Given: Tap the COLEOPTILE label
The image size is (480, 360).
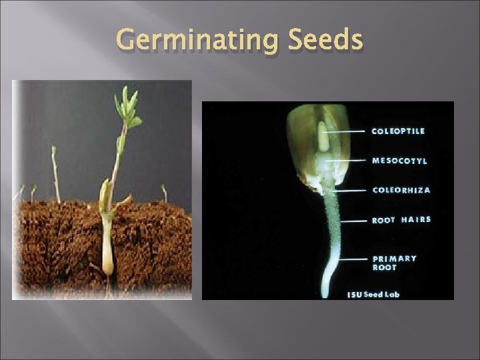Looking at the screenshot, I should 398,131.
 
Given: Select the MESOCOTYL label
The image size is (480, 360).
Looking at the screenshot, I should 400,161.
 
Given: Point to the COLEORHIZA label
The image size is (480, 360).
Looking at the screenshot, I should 401,190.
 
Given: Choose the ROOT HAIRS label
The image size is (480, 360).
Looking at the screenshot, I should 401,219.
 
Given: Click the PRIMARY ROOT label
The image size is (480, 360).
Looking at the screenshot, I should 394,263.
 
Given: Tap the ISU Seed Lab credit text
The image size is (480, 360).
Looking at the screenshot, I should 373,294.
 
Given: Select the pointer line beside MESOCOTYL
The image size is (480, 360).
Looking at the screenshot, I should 349,161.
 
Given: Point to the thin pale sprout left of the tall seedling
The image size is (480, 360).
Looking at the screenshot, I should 55,173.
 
